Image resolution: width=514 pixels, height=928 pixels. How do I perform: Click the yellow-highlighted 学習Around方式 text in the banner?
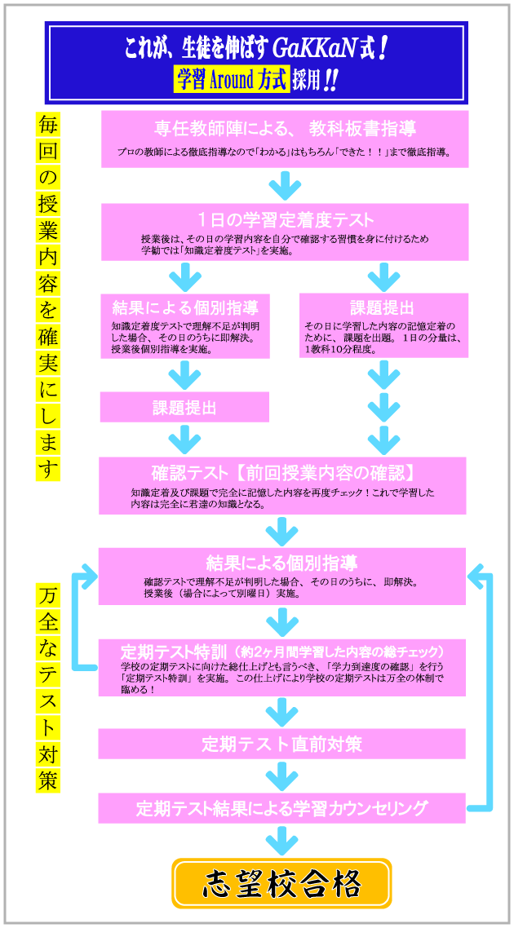(x=232, y=80)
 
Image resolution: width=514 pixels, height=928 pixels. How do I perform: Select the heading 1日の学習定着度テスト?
(x=285, y=219)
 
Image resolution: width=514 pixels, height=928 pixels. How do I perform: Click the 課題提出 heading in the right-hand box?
(x=383, y=308)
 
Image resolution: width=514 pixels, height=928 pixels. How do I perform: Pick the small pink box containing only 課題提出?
(x=184, y=407)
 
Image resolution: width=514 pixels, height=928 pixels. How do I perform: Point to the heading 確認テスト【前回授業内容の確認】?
(x=282, y=473)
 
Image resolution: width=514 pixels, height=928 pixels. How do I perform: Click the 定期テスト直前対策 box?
(x=281, y=744)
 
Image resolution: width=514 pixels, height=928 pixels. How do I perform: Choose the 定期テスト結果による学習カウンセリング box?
(x=281, y=808)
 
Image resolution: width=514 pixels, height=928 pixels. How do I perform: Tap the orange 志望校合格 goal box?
(x=281, y=883)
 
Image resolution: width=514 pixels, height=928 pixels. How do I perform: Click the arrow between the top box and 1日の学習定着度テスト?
(x=285, y=186)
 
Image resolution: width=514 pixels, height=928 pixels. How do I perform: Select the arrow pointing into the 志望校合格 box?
(x=281, y=840)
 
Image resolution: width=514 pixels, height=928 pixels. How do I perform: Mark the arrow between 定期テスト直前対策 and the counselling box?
(x=281, y=776)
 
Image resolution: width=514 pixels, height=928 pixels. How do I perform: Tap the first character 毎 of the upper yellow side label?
(x=48, y=125)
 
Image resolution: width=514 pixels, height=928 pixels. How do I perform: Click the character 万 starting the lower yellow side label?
(x=48, y=598)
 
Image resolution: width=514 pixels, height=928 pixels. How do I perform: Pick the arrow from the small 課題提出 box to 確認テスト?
(x=184, y=440)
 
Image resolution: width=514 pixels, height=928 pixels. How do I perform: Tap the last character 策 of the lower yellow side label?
(x=48, y=780)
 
